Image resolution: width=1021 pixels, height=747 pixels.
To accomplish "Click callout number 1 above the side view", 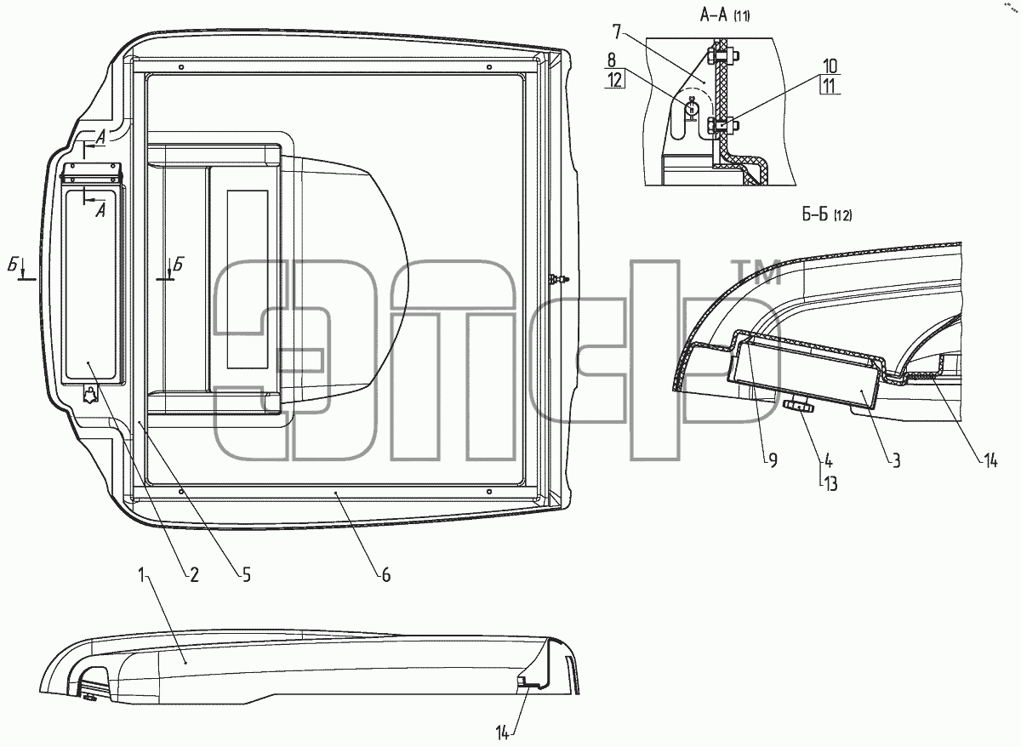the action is pyautogui.click(x=142, y=575).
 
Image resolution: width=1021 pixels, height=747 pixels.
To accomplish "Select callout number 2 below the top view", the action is pyautogui.click(x=194, y=576).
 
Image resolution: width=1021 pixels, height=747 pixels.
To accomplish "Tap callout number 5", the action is pyautogui.click(x=246, y=576).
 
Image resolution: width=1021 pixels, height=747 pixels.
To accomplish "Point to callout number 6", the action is pyautogui.click(x=386, y=576).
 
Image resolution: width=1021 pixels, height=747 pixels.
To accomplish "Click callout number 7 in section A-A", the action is pyautogui.click(x=617, y=31).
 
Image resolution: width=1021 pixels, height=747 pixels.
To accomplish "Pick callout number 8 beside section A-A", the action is pyautogui.click(x=611, y=60).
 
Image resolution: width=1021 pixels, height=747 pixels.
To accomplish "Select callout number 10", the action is pyautogui.click(x=830, y=66).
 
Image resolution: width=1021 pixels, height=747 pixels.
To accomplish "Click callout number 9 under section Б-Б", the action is pyautogui.click(x=773, y=461).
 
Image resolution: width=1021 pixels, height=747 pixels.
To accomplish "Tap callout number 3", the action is pyautogui.click(x=896, y=461).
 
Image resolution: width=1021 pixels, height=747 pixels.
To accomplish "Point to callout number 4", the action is pyautogui.click(x=828, y=461).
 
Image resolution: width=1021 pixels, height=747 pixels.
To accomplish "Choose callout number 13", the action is pyautogui.click(x=830, y=483).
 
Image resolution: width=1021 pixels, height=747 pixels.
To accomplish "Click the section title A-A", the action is pyautogui.click(x=713, y=16).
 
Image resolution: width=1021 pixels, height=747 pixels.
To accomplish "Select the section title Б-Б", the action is pyautogui.click(x=815, y=214).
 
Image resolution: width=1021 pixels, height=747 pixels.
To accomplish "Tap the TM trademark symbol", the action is pyautogui.click(x=757, y=272).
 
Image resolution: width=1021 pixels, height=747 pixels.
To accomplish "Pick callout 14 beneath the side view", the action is pyautogui.click(x=503, y=733).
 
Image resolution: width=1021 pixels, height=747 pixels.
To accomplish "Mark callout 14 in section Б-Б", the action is pyautogui.click(x=990, y=461).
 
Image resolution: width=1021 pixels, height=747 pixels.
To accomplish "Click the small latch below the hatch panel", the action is pyautogui.click(x=91, y=395).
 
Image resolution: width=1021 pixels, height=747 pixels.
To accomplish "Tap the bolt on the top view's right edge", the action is pyautogui.click(x=559, y=279).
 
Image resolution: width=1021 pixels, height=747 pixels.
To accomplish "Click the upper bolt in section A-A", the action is pyautogui.click(x=722, y=56).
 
